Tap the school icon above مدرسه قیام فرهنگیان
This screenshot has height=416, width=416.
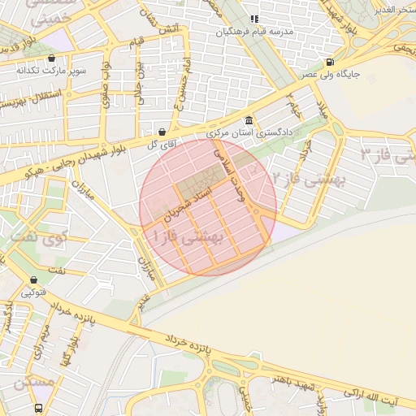[x=254, y=19]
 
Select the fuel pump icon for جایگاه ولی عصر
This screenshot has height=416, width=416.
[x=329, y=62]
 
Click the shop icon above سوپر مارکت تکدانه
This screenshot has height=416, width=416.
[x=52, y=58]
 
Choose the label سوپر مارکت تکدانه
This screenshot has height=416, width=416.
[x=50, y=71]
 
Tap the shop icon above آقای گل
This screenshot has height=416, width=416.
[x=162, y=132]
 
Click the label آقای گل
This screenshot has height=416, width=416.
[x=162, y=144]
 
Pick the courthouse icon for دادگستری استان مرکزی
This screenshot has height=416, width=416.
[x=249, y=119]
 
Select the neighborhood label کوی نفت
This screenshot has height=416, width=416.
[x=37, y=240]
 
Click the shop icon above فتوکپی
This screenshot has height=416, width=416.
[x=33, y=279]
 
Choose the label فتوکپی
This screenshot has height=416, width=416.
[x=33, y=292]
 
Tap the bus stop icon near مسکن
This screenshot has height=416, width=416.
[x=38, y=408]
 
